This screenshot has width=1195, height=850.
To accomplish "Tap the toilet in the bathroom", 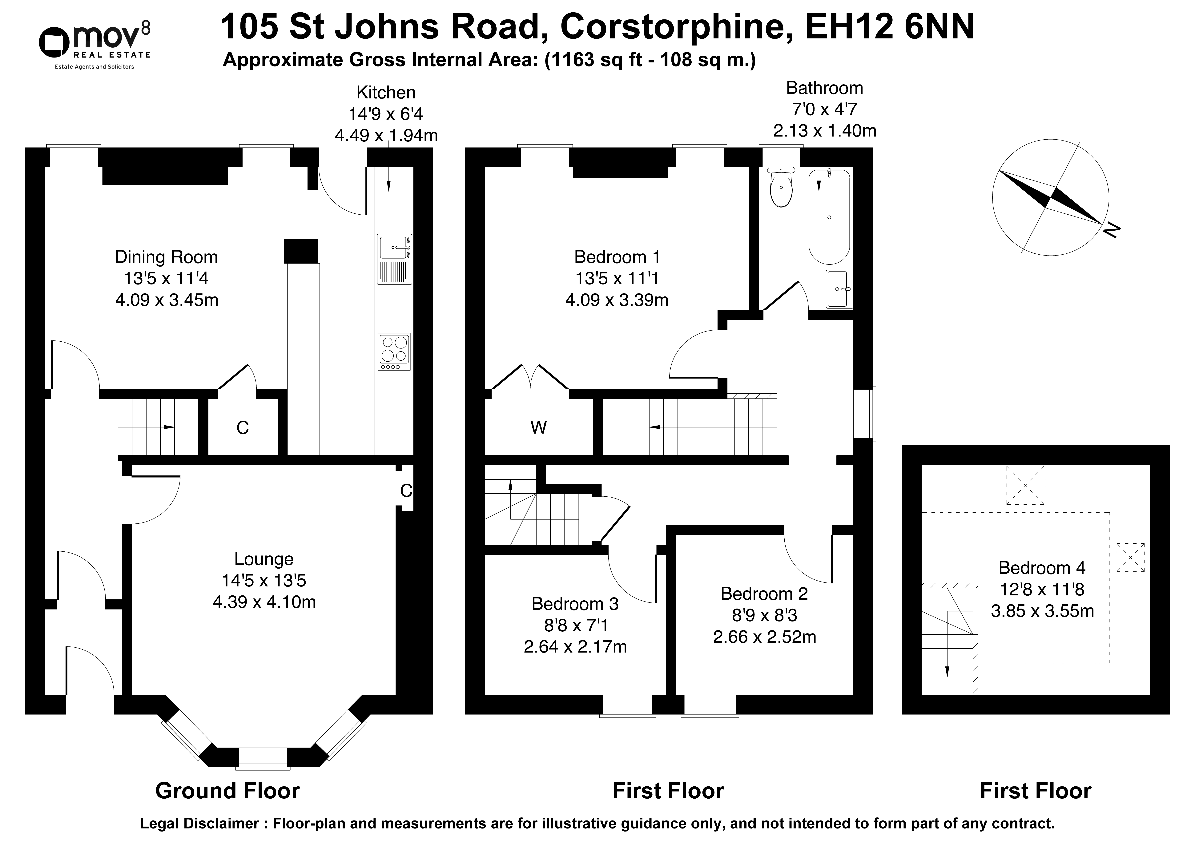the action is [781, 187].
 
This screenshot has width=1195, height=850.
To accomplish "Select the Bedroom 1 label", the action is [617, 257].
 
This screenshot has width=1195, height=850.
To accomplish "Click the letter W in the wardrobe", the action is [538, 428].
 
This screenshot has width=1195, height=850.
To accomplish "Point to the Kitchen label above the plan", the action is [386, 93].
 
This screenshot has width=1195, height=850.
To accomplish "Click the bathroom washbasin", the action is [839, 289].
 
